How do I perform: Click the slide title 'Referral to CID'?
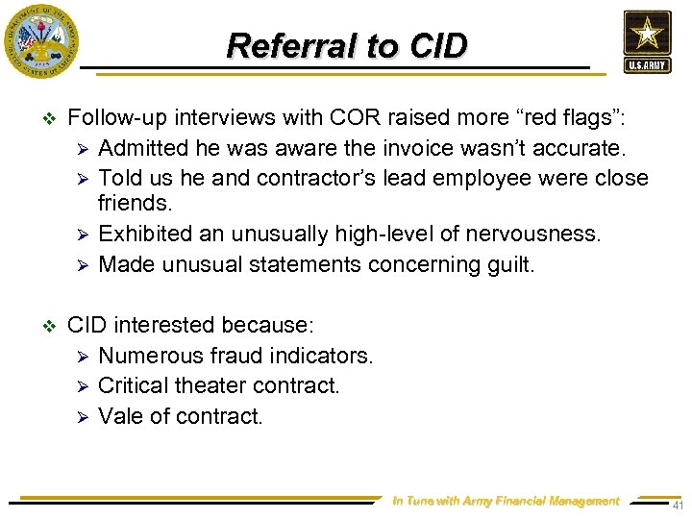pyautogui.click(x=347, y=45)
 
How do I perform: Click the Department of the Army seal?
pyautogui.click(x=40, y=41)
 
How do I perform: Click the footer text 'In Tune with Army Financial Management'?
pyautogui.click(x=506, y=501)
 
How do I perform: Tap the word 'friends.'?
pyautogui.click(x=132, y=204)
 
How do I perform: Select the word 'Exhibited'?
pyautogui.click(x=141, y=234)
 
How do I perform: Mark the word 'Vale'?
pyautogui.click(x=120, y=416)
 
